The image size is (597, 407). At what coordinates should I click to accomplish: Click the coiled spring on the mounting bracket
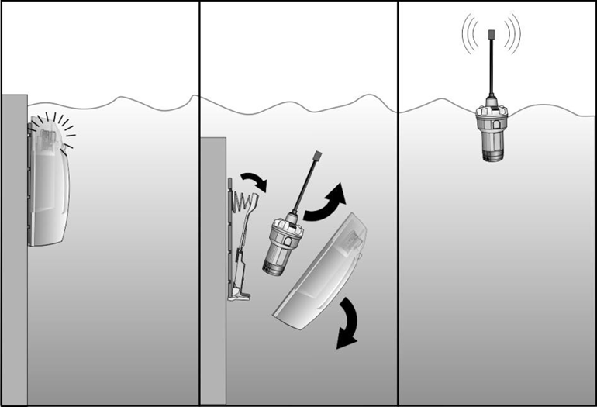pyautogui.click(x=243, y=205)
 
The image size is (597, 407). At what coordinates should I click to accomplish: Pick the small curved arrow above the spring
pyautogui.click(x=254, y=182)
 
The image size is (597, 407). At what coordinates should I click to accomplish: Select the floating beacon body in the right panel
pyautogui.click(x=492, y=128)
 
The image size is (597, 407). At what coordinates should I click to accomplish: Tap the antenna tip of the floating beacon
pyautogui.click(x=492, y=35)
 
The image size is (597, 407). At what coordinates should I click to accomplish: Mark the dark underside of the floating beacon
pyautogui.click(x=492, y=156)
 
